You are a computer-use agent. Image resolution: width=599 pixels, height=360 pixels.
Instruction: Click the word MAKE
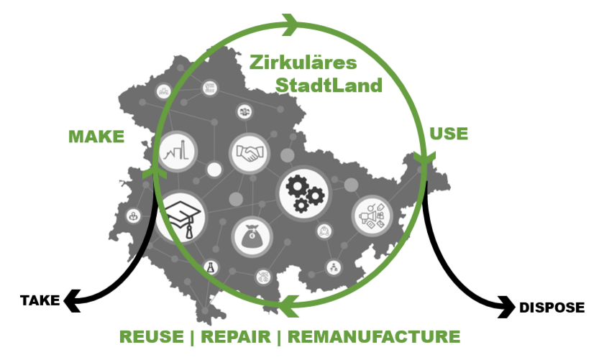point(96,137)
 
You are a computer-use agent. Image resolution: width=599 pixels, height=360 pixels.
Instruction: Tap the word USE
point(448,134)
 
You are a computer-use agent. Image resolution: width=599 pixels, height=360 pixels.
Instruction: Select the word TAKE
point(40,300)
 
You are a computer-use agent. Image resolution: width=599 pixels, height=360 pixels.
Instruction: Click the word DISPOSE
point(552,308)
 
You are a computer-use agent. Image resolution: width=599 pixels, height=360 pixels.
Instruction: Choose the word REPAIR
point(239,336)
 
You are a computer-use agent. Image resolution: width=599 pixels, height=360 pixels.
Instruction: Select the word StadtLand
point(329,86)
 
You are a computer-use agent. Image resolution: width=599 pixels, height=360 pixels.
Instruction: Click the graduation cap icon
point(180,216)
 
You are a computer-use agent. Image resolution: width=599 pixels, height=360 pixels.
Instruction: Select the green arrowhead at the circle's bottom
point(291,304)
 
